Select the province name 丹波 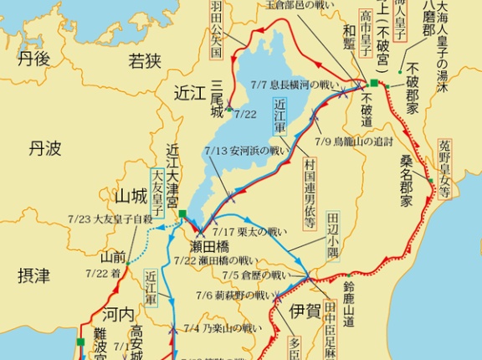[x=44, y=148]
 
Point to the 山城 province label [x=131, y=196]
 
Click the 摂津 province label [x=33, y=274]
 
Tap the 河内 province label [x=117, y=314]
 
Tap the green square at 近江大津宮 [x=182, y=215]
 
